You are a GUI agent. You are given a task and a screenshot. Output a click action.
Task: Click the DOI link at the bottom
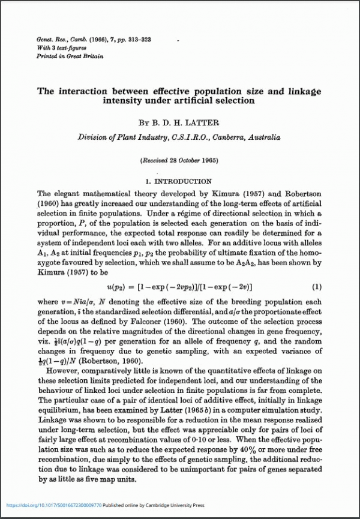(x=53, y=505)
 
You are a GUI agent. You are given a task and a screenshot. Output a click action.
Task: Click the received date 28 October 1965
(x=187, y=161)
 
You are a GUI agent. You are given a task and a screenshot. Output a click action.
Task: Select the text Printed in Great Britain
(x=70, y=56)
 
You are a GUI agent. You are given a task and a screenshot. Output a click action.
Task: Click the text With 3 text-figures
(x=61, y=48)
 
